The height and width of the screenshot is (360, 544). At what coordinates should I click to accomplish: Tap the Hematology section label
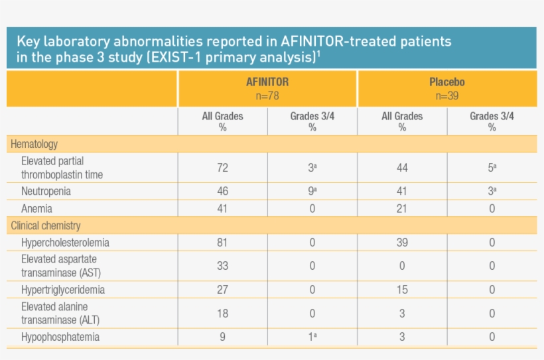coord(34,144)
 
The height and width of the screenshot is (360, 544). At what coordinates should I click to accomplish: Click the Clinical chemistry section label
coord(46,225)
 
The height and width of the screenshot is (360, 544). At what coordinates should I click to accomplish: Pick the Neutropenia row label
coord(46,191)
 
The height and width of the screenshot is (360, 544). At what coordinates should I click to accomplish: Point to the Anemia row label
coord(37,208)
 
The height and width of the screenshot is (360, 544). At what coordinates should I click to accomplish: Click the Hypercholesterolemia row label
coord(65,243)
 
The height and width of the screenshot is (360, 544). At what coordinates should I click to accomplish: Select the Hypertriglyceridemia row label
coord(63,290)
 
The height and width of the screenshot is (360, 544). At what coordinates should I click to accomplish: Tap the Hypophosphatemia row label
coord(60,337)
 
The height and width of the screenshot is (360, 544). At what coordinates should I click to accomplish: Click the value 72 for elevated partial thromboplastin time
coord(222,168)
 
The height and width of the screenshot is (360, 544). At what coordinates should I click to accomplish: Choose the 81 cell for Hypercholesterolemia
coord(222,243)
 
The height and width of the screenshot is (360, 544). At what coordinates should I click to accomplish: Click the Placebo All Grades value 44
coord(402,168)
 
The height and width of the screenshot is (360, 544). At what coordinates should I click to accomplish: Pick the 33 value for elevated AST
coord(222,266)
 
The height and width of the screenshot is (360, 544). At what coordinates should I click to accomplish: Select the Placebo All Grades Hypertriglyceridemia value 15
coord(402,290)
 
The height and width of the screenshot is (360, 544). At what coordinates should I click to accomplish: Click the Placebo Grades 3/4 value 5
coord(492,168)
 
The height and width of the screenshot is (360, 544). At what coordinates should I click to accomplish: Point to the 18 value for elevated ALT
coord(222,313)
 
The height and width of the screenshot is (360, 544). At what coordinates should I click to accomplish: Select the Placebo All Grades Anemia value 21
coord(402,208)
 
